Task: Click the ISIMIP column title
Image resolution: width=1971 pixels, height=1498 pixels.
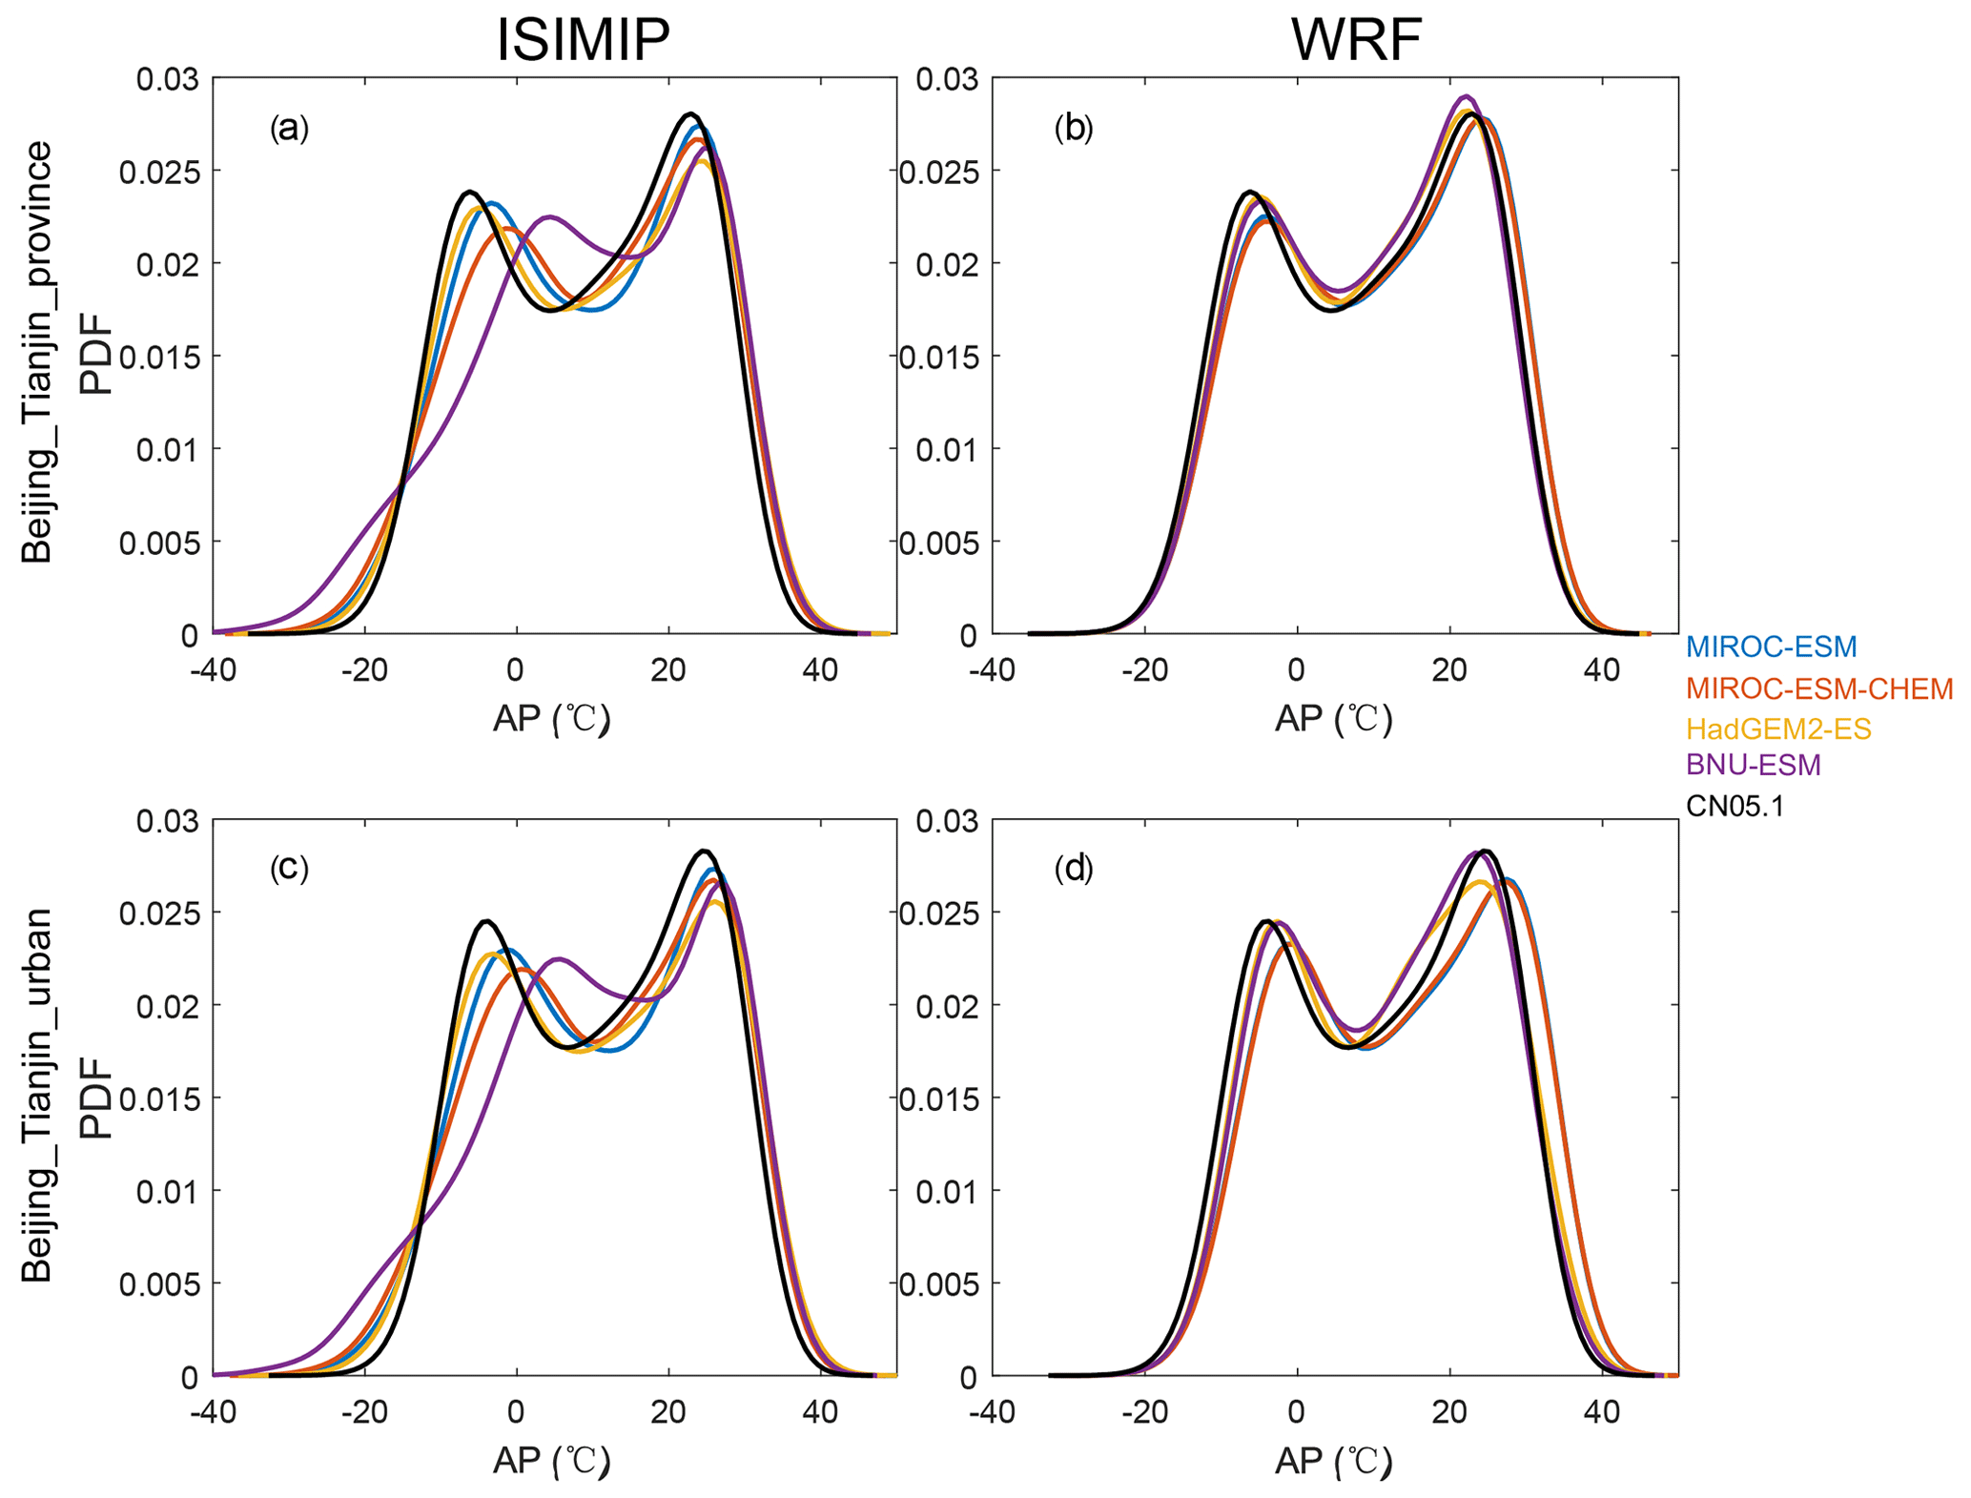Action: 583,41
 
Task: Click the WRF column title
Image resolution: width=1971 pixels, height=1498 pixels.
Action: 1356,41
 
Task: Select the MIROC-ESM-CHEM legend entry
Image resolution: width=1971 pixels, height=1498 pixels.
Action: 1818,687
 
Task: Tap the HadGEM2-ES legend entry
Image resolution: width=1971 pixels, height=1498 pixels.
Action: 1778,729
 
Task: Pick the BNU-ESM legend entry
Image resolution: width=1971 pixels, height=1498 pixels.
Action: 1754,765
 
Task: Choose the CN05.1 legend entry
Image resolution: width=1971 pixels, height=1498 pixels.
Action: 1735,807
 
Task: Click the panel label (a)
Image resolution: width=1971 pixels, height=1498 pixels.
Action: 289,128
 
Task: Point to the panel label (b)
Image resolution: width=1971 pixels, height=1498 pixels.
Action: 1074,128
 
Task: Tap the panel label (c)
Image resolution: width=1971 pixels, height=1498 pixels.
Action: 289,868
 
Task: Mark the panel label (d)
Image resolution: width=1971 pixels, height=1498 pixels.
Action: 1074,868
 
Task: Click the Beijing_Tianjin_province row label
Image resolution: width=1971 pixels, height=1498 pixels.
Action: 38,353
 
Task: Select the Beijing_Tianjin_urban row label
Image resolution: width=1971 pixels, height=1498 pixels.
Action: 38,1094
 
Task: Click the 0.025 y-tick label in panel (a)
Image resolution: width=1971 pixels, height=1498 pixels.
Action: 159,173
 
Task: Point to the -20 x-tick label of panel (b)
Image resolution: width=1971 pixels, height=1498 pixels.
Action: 1144,670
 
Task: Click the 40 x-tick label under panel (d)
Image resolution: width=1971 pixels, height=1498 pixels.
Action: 1601,1412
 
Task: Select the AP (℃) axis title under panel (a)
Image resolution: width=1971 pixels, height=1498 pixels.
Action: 551,719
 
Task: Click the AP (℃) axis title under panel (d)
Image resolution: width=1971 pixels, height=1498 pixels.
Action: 1333,1461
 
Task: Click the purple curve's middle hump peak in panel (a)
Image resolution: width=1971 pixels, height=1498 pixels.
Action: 550,216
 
